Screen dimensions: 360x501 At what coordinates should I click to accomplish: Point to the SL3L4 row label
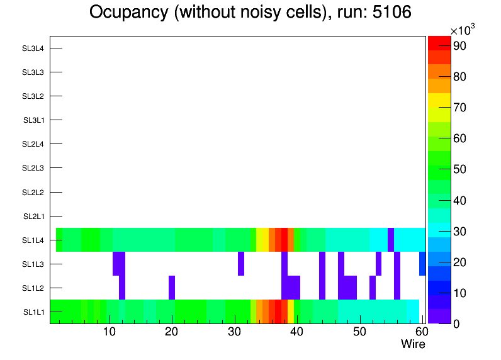tap(33, 48)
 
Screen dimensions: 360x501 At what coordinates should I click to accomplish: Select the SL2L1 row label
tap(34, 217)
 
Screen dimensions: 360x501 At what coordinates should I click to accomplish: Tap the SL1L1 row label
tap(34, 312)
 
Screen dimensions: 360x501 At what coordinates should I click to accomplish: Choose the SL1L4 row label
tap(34, 240)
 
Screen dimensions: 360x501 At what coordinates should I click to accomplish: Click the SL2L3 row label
tap(33, 168)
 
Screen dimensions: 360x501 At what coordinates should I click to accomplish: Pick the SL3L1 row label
tap(34, 120)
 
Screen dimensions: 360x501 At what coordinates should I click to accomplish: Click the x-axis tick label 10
tap(110, 332)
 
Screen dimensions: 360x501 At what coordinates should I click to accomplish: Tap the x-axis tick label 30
tap(234, 332)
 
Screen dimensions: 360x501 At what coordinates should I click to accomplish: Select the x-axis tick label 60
tap(420, 332)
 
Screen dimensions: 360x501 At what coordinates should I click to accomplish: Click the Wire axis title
tap(413, 344)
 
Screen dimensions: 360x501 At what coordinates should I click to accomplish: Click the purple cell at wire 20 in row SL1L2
tap(172, 288)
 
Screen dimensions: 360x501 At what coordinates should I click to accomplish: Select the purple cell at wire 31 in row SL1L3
tap(241, 264)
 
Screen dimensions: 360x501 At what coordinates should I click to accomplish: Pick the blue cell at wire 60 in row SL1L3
tap(422, 264)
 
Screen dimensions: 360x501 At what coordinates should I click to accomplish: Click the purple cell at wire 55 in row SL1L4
tap(391, 240)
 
